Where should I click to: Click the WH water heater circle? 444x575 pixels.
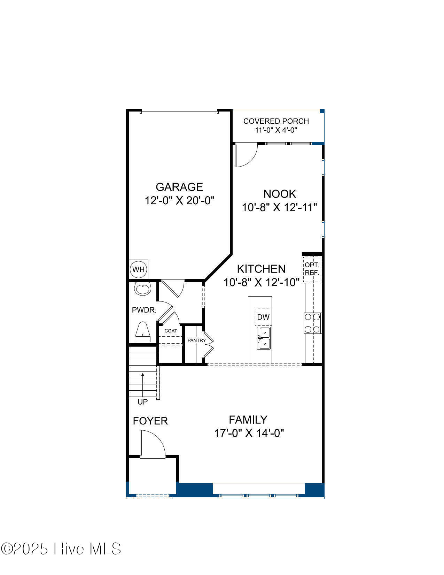(x=138, y=269)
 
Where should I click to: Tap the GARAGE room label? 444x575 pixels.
(x=179, y=187)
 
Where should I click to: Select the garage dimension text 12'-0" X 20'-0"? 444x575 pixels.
(x=179, y=201)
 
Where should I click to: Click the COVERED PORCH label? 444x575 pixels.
(x=276, y=121)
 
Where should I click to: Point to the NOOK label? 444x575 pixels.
(x=280, y=194)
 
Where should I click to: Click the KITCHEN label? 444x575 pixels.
(x=261, y=269)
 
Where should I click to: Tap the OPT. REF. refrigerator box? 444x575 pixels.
(x=312, y=269)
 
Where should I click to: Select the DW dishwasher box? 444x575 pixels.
(x=263, y=317)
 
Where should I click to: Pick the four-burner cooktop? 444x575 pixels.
(x=313, y=323)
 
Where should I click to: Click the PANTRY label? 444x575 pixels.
(x=196, y=340)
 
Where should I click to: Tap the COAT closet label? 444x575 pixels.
(x=171, y=331)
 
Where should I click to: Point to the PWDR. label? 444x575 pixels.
(x=144, y=310)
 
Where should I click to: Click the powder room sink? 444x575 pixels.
(x=142, y=289)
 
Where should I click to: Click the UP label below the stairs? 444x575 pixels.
(x=142, y=402)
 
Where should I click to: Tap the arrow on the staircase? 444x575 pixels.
(x=142, y=385)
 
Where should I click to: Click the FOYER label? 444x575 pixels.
(x=150, y=421)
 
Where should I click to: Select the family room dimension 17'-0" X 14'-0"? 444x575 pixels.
(x=249, y=433)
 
